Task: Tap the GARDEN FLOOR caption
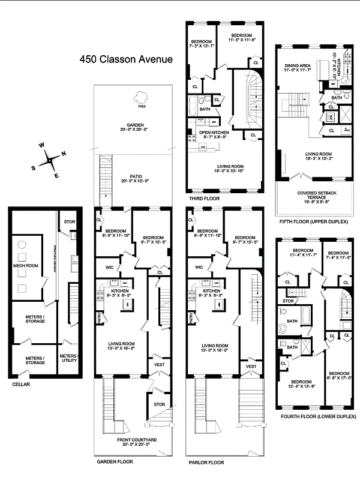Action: coord(115,462)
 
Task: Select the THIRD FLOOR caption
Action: coord(204,198)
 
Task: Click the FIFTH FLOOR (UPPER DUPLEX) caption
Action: coord(314,221)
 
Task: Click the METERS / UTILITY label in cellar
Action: coord(68,358)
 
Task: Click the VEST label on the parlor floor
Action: coord(251,365)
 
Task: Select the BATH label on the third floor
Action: coord(205,109)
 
